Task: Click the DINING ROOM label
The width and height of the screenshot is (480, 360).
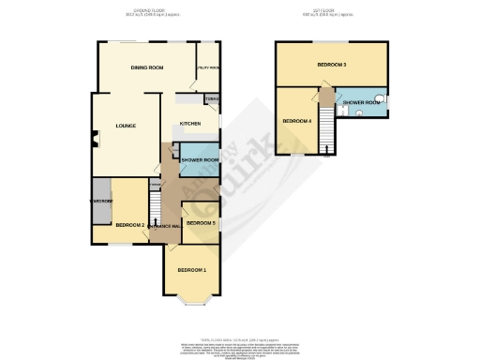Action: [147, 68]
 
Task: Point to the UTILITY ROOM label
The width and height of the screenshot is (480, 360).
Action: [208, 68]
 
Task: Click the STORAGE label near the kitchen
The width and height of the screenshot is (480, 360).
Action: [211, 98]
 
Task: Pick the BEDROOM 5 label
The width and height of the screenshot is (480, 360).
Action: [201, 223]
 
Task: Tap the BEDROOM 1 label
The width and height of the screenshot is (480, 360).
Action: [191, 270]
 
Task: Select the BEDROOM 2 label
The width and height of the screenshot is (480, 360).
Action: [129, 225]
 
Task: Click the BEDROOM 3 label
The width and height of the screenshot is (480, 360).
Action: [332, 65]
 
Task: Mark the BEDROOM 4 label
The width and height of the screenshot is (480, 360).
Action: [297, 121]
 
